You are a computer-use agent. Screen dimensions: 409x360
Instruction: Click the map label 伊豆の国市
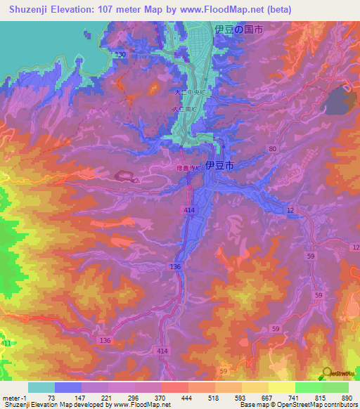click(239, 30)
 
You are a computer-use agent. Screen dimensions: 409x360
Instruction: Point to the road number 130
click(121, 55)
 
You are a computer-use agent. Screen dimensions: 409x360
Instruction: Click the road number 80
click(272, 148)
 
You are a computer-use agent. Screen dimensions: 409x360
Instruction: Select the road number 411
click(6, 342)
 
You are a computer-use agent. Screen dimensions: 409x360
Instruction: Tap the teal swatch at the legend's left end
click(41, 387)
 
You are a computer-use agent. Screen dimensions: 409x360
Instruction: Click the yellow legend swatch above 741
click(282, 387)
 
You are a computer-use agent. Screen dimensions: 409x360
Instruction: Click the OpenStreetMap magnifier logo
click(326, 372)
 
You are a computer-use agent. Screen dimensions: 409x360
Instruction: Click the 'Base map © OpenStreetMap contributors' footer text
click(296, 405)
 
